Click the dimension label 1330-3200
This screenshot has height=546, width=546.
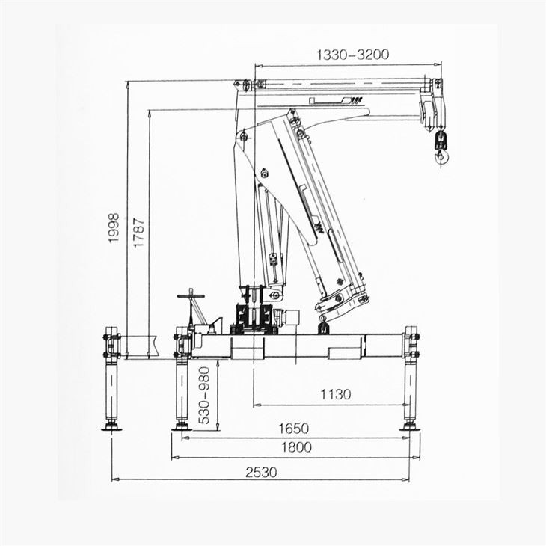pyautogui.click(x=352, y=55)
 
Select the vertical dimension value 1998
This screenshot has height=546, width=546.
pyautogui.click(x=114, y=230)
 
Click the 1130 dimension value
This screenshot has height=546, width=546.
pyautogui.click(x=336, y=394)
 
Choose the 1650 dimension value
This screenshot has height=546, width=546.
pyautogui.click(x=294, y=429)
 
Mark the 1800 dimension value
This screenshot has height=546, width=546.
pyautogui.click(x=297, y=447)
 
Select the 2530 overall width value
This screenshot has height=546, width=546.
pyautogui.click(x=260, y=472)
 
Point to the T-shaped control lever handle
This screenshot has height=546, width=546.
pyautogui.click(x=191, y=295)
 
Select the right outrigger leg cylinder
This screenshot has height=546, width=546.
pyautogui.click(x=410, y=389)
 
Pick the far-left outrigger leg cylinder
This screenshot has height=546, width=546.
pyautogui.click(x=112, y=389)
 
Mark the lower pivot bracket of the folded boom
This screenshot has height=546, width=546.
pyautogui.click(x=341, y=300)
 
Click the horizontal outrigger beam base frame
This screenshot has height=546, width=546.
pyautogui.click(x=299, y=346)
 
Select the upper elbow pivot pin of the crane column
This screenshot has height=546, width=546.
pyautogui.click(x=242, y=136)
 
